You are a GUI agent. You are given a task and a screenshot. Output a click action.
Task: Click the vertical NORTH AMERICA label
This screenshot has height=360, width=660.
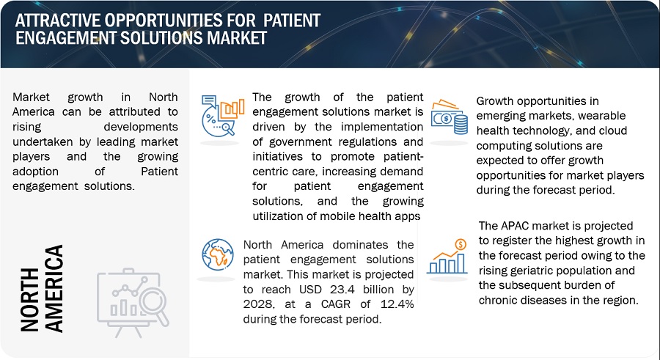pyautogui.click(x=42, y=289)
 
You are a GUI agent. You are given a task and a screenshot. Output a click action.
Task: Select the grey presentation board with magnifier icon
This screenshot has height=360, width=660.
pyautogui.click(x=133, y=302)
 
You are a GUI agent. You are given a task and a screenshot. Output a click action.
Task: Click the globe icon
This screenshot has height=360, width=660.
pyautogui.click(x=218, y=254)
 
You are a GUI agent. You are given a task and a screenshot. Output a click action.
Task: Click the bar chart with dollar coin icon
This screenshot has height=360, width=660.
pyautogui.click(x=447, y=257)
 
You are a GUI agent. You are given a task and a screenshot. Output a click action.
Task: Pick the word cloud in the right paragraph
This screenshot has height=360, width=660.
pyautogui.click(x=612, y=131)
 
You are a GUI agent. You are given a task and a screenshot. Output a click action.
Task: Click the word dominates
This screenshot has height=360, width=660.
pyautogui.click(x=360, y=245)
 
